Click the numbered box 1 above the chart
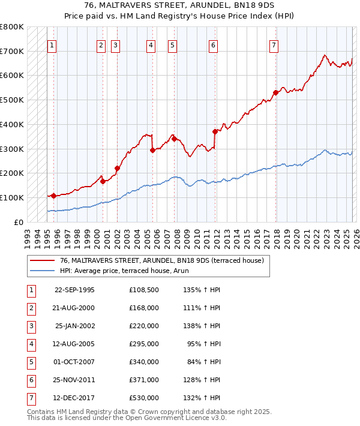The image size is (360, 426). click(52, 45)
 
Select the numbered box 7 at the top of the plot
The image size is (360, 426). click(274, 45)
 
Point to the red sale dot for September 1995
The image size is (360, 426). click(54, 196)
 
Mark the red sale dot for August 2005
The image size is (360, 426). click(152, 150)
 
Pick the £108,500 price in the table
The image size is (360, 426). click(143, 290)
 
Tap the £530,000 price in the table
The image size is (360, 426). click(143, 398)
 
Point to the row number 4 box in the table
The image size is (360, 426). click(31, 344)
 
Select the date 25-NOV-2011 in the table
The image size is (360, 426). click(74, 380)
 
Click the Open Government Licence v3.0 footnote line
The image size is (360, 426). click(127, 418)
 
